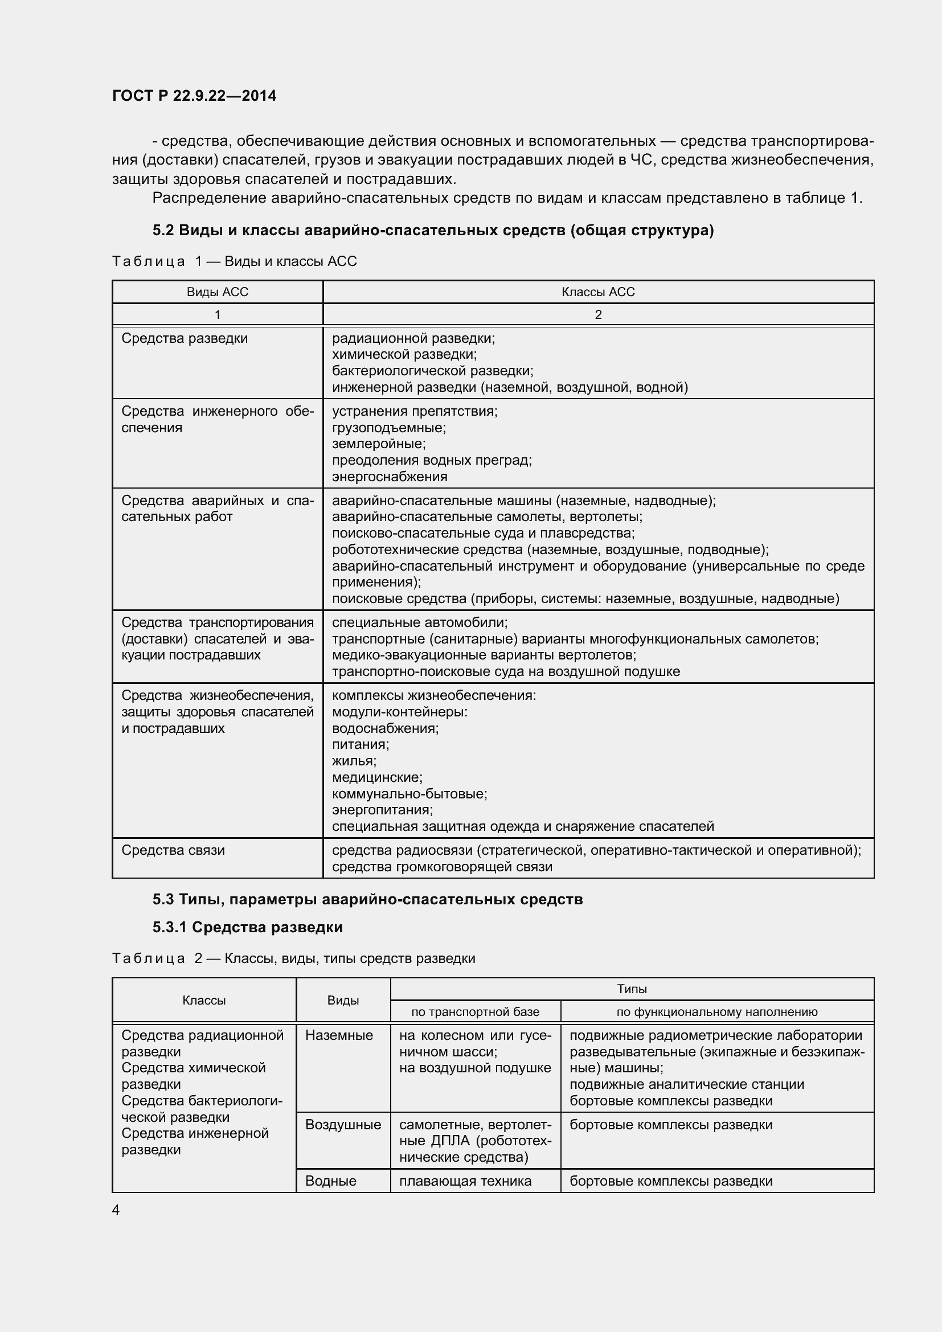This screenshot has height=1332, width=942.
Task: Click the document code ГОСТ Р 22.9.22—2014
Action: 194,96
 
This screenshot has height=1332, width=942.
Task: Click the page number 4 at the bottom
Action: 116,1210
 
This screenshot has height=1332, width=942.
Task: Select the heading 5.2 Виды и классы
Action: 433,230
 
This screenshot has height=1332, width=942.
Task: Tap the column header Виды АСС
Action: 218,292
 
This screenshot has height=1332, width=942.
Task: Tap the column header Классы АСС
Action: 598,292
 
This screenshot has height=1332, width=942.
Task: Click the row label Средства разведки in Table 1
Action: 185,338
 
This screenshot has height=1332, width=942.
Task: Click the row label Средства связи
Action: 173,850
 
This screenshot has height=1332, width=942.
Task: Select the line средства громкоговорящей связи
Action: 442,867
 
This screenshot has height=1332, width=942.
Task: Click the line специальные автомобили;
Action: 419,622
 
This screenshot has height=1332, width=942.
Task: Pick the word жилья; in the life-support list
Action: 354,761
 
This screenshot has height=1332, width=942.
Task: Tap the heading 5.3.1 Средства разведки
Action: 248,927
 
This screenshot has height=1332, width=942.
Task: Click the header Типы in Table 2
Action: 632,989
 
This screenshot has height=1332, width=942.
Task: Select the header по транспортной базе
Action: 475,1012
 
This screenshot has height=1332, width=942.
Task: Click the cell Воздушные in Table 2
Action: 343,1124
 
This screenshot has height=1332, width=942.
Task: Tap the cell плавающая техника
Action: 465,1181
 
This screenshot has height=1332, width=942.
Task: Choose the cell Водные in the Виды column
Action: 331,1181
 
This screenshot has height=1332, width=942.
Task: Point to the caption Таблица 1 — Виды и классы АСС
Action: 234,261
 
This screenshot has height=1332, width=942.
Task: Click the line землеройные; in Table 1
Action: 379,444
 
